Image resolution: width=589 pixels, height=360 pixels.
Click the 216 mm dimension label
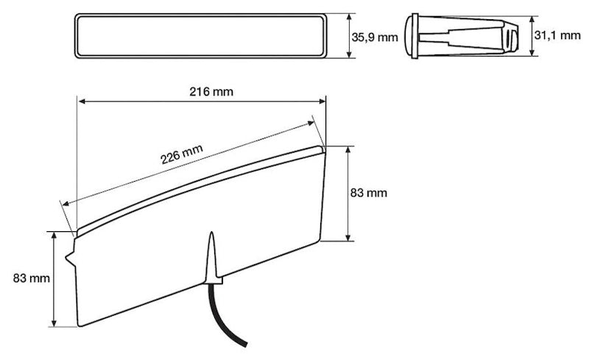[201, 92]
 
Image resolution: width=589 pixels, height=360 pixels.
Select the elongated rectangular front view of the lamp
[199, 35]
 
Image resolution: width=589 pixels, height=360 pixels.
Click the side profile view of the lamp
[464, 34]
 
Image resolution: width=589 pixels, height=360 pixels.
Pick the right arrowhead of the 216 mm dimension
[322, 102]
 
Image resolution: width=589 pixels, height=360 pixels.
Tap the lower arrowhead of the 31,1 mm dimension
[533, 52]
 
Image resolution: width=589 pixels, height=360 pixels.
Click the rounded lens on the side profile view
[411, 34]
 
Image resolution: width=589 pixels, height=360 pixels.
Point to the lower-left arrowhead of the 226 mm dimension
[67, 203]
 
